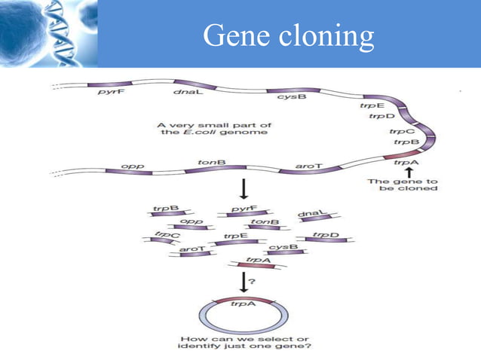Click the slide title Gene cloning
pos(289,35)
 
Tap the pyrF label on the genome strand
pos(107,92)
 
